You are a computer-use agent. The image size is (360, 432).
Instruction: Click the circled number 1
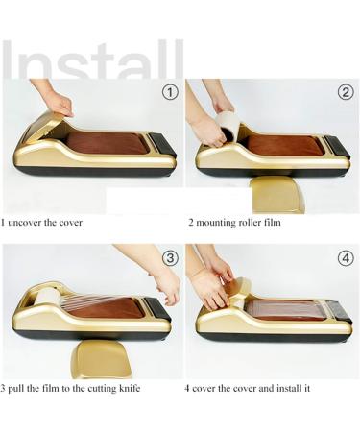(x=170, y=93)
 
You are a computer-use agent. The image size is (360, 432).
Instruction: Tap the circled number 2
(x=346, y=93)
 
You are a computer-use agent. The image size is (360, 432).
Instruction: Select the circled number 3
(x=170, y=257)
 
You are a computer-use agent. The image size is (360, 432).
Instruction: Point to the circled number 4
(x=346, y=257)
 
